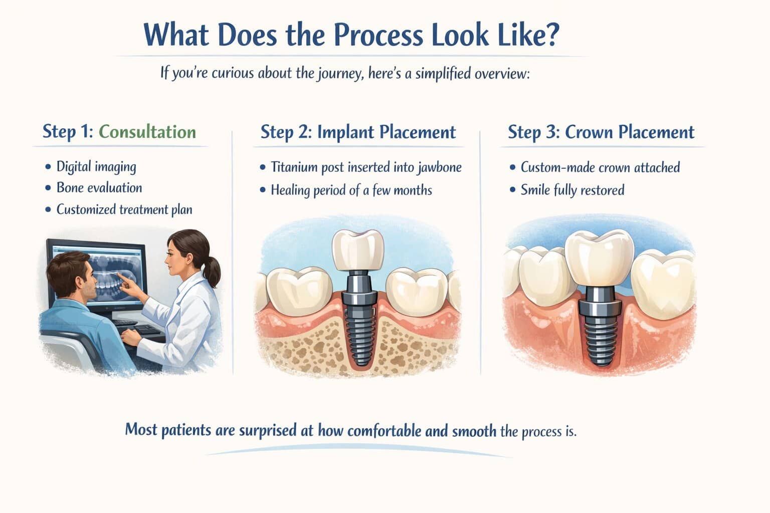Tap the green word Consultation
point(147,132)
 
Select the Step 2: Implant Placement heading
point(358,132)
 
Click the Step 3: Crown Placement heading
point(601,132)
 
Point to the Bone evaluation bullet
point(99,188)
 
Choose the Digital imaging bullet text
point(96,166)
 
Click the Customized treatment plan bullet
point(124,209)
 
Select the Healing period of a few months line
point(351,190)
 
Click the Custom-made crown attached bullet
point(600,167)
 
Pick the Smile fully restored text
point(572,190)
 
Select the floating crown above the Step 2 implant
point(358,249)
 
